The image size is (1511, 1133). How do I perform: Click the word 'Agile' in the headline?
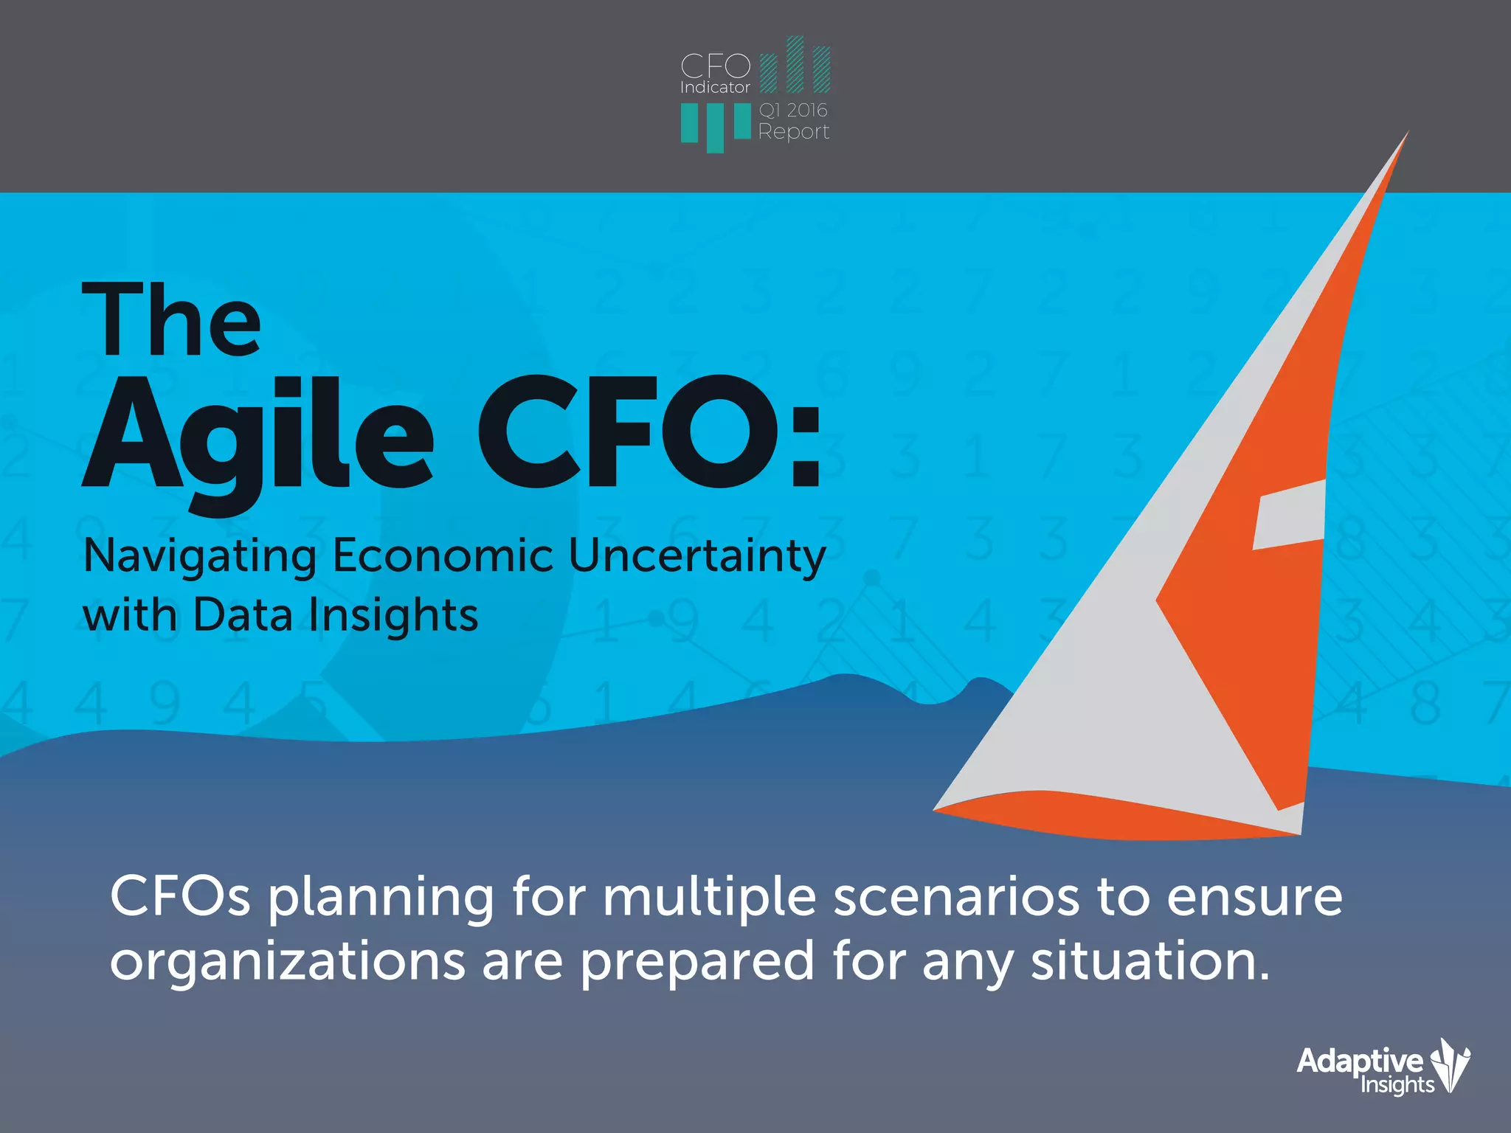coord(258,435)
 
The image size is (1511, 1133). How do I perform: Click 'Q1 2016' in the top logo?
coord(793,110)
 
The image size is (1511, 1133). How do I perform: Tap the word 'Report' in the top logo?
coord(793,132)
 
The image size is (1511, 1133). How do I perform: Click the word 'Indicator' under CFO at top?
coord(714,87)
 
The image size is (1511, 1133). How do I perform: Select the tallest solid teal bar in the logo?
coord(714,128)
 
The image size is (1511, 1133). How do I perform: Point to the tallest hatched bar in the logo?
coord(795,64)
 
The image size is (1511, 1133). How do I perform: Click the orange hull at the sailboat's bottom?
coord(1107,819)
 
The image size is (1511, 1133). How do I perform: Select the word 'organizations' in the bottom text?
coord(288,961)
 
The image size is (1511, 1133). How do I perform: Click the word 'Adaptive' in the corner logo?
coord(1359,1061)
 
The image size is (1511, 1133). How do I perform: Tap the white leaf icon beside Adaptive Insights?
coord(1451,1064)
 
